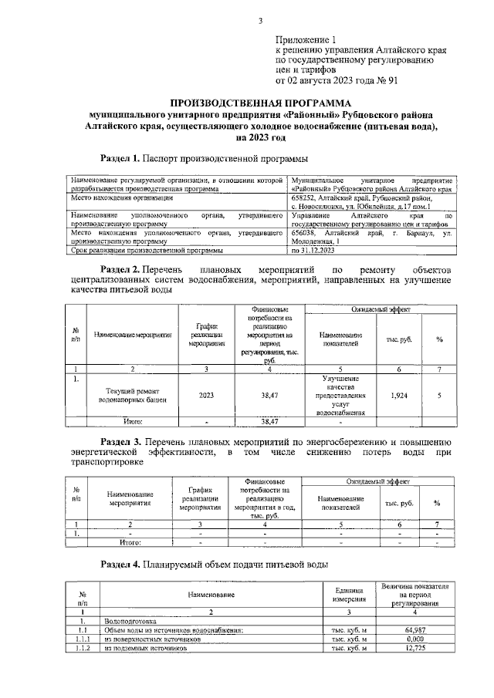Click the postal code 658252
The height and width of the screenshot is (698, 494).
pos(304,198)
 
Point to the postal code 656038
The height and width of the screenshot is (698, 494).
pos(304,232)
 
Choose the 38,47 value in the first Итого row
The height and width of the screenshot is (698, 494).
pos(269,422)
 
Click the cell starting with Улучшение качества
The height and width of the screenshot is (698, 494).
pos(341,396)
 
